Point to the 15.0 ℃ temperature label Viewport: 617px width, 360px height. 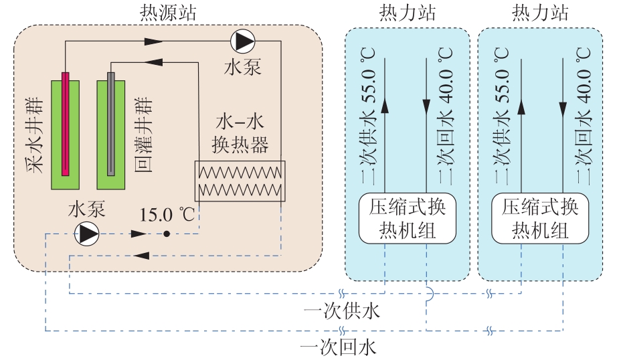click(167, 215)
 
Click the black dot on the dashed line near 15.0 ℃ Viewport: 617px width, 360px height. click(167, 234)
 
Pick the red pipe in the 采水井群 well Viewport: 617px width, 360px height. click(66, 124)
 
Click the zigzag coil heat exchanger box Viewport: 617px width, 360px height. click(240, 181)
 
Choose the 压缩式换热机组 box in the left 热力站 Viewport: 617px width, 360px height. click(408, 219)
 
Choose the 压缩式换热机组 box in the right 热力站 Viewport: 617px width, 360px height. click(539, 219)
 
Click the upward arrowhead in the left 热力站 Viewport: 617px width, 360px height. click(386, 106)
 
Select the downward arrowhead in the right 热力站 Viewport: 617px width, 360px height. click(563, 106)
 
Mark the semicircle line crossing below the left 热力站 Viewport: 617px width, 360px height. click(428, 292)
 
